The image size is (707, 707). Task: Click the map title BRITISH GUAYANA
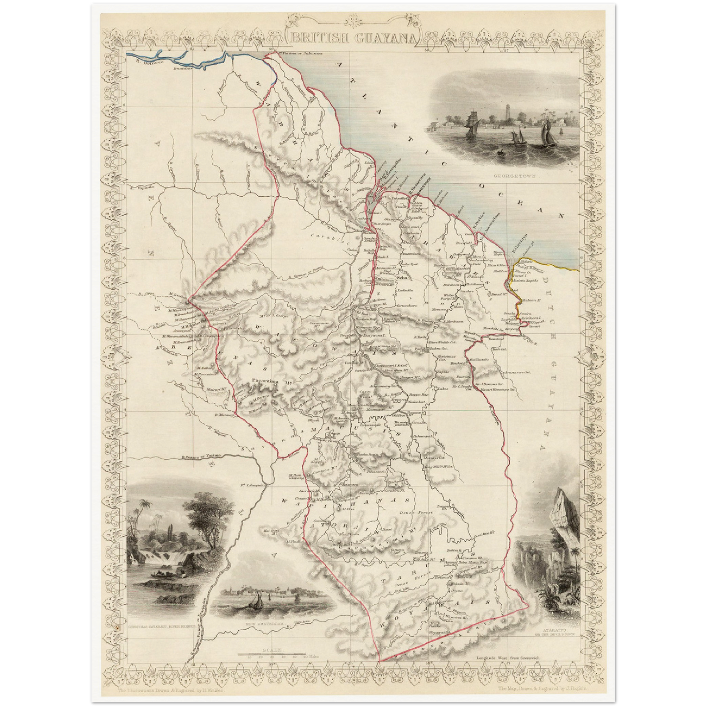point(354,38)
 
